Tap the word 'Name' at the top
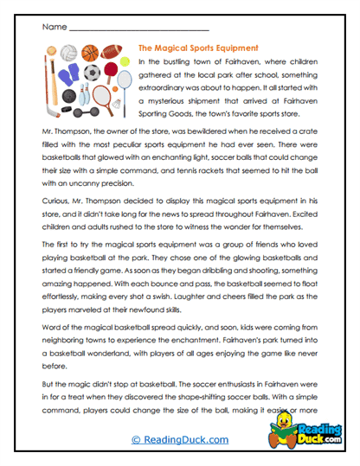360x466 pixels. [x=51, y=25]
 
